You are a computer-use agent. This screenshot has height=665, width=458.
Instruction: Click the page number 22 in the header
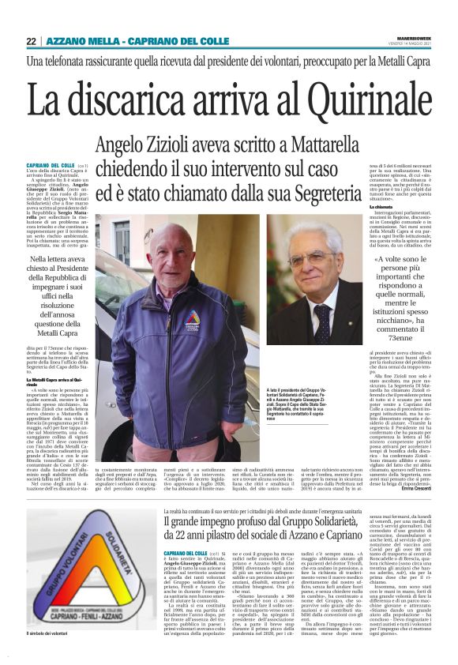[x=31, y=42]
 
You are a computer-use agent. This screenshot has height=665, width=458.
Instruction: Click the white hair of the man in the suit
[x=312, y=233]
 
